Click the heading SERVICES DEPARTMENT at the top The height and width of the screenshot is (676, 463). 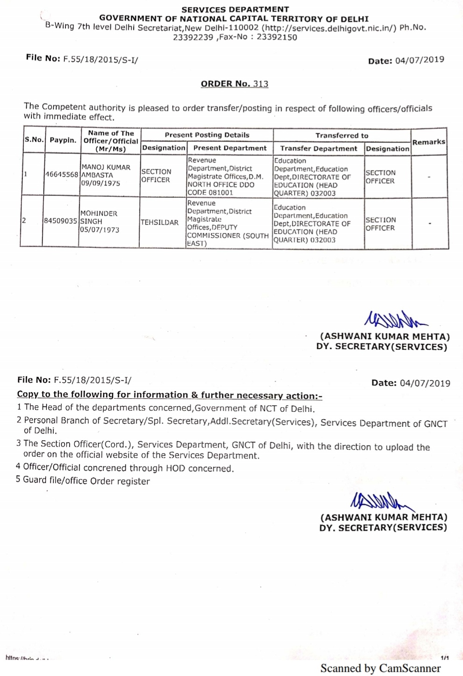point(235,9)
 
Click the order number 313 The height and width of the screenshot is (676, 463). point(261,84)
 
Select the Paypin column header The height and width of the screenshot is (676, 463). point(63,140)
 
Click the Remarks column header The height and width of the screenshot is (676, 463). point(429,142)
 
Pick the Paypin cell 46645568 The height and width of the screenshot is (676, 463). point(62,175)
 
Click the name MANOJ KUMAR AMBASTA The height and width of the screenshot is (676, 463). point(106,171)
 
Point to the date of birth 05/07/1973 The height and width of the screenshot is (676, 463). point(99,230)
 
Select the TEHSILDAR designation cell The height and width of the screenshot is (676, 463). point(159,223)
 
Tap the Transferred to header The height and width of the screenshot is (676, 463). point(342,136)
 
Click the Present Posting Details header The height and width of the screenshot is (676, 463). point(207,135)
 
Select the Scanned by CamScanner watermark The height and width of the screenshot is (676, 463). point(380,668)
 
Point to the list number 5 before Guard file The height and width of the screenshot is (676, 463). point(18,480)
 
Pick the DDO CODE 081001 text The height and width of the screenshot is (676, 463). point(210,193)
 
